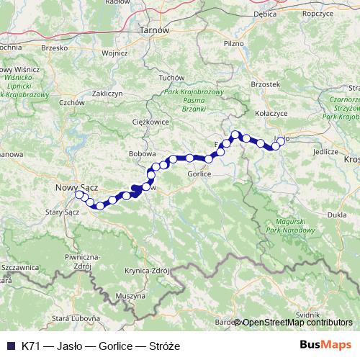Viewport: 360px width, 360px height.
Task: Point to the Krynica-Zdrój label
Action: [x=146, y=271]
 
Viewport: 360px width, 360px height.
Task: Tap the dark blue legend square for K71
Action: [x=10, y=346]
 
